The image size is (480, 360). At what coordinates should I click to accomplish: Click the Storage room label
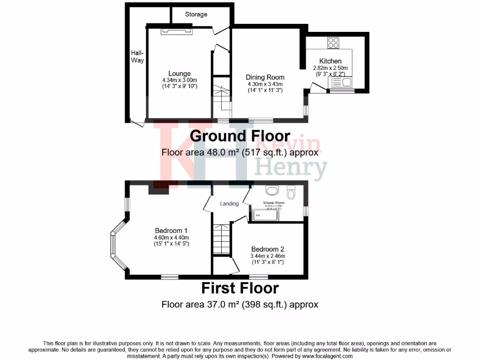(x=196, y=15)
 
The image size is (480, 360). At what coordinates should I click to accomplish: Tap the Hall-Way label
(x=137, y=57)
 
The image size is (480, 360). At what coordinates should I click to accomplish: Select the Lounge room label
(x=180, y=74)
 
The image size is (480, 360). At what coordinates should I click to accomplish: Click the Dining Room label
(x=265, y=77)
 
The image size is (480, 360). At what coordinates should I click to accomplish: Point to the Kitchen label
(x=330, y=61)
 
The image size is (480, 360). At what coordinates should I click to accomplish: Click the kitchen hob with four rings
(x=333, y=43)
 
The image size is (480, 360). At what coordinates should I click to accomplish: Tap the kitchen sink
(x=342, y=83)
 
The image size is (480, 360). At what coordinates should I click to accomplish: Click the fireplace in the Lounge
(x=177, y=31)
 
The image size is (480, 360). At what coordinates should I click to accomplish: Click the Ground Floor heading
(x=240, y=136)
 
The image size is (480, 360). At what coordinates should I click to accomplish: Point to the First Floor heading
(x=240, y=287)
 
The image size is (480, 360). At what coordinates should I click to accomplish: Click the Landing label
(x=230, y=204)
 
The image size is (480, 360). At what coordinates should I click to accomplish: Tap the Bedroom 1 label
(x=172, y=231)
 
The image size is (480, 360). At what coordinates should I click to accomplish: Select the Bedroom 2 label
(x=268, y=249)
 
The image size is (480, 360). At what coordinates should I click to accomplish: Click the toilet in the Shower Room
(x=291, y=193)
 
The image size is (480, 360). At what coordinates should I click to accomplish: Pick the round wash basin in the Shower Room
(x=271, y=190)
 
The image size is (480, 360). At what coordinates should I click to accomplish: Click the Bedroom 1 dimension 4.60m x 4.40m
(x=172, y=237)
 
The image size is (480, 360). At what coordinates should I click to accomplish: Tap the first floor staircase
(x=223, y=239)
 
